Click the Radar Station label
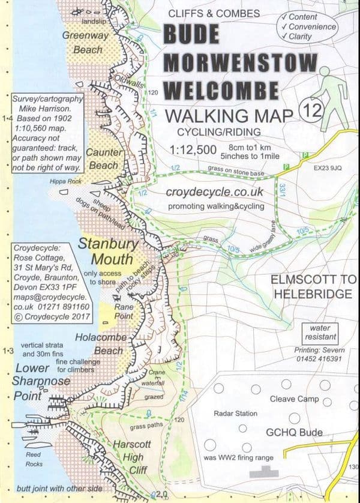[x=235, y=414]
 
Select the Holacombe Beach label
[x=99, y=344]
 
